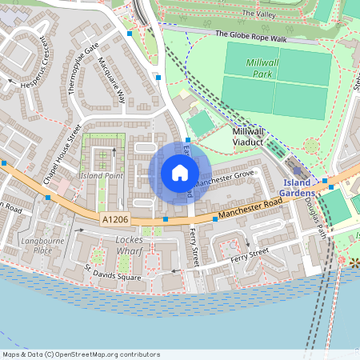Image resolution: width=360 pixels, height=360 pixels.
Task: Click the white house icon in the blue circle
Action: [x=180, y=173]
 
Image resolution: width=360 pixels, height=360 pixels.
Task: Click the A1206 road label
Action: [x=115, y=217]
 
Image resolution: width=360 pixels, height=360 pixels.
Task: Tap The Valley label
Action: [x=258, y=14]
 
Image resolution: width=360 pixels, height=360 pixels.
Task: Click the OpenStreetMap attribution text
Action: [x=80, y=354]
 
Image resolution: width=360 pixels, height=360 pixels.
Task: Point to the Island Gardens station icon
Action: [x=298, y=170]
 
